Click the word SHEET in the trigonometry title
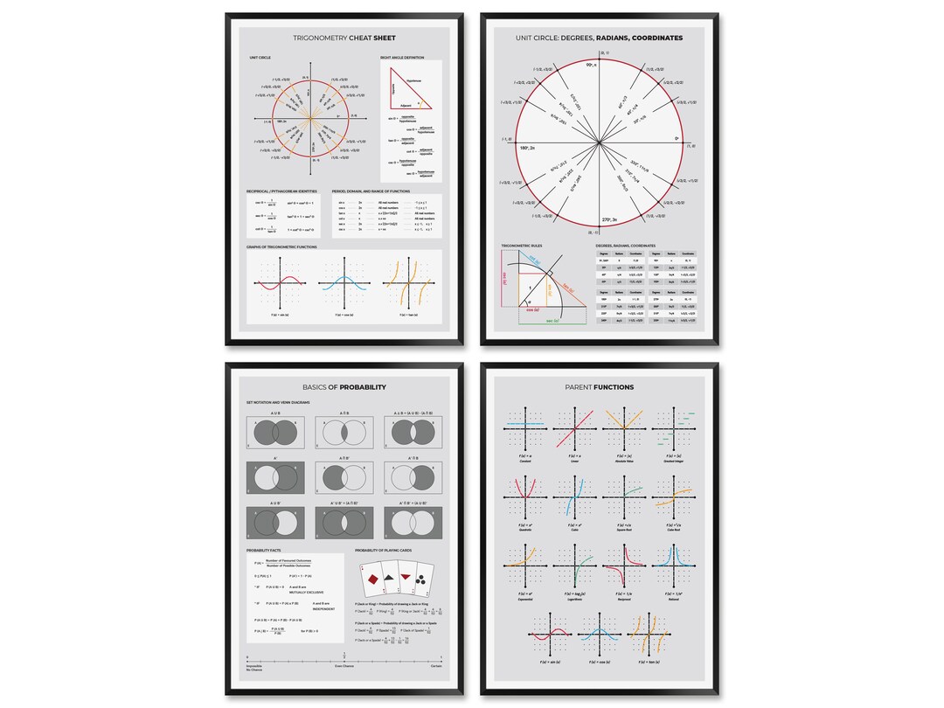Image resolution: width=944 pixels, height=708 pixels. click(384, 38)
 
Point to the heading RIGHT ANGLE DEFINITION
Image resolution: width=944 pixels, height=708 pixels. click(403, 58)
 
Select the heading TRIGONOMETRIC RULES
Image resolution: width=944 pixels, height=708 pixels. click(522, 246)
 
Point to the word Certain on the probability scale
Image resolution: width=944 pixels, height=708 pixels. click(435, 666)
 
